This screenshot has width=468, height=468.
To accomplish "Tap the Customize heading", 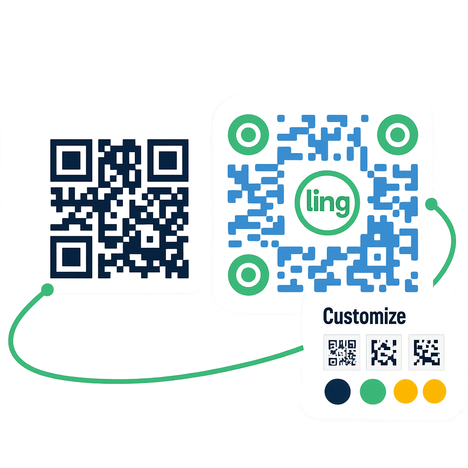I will pyautogui.click(x=364, y=316).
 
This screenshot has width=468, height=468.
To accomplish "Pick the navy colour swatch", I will pyautogui.click(x=338, y=392).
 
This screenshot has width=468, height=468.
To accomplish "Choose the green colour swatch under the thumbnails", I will pyautogui.click(x=373, y=392).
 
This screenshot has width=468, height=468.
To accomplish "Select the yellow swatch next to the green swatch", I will pyautogui.click(x=405, y=391).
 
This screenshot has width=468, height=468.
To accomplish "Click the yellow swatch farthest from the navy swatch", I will pyautogui.click(x=434, y=391).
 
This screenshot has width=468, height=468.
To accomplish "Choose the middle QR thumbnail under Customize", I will pyautogui.click(x=384, y=352).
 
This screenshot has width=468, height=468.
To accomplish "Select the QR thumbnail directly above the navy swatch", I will pyautogui.click(x=342, y=352).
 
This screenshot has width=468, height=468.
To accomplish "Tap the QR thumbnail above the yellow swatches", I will pyautogui.click(x=426, y=352).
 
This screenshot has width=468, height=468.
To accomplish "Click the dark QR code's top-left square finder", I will pyautogui.click(x=71, y=160).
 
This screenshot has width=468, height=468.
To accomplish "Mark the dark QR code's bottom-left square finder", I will pyautogui.click(x=71, y=256).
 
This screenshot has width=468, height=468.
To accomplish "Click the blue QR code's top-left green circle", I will pyautogui.click(x=248, y=134).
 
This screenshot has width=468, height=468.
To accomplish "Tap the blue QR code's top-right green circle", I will pyautogui.click(x=397, y=134).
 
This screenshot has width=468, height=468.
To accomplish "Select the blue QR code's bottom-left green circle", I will pyautogui.click(x=248, y=274).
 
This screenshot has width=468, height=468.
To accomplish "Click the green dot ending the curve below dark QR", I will pyautogui.click(x=47, y=289).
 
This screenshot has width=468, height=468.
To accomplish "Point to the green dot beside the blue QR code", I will pyautogui.click(x=431, y=204).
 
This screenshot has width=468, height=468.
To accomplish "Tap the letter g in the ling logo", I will pyautogui.click(x=341, y=205).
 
